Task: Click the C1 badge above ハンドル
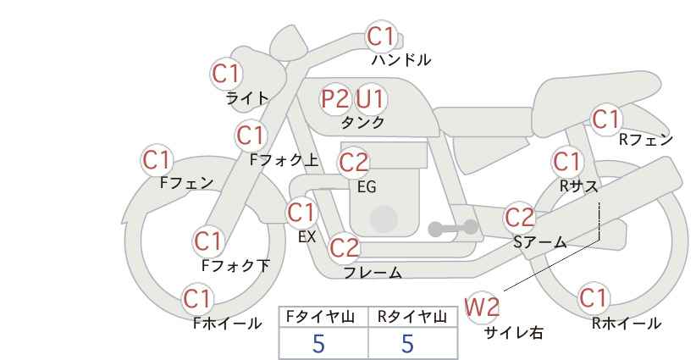(x=381, y=36)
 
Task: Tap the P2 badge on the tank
(x=335, y=99)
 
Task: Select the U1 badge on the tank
(x=371, y=99)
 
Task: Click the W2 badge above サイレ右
(x=482, y=307)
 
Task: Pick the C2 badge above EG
(x=354, y=163)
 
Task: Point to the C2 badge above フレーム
(x=345, y=247)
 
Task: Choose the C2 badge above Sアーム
(x=520, y=218)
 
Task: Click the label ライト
(x=248, y=98)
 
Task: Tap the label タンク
(x=362, y=122)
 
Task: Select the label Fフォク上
(x=284, y=160)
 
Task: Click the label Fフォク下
(x=235, y=265)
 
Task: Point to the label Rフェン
(x=646, y=140)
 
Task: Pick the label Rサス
(x=579, y=186)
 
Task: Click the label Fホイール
(x=227, y=324)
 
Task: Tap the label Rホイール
(x=627, y=324)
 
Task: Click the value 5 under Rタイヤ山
(x=407, y=343)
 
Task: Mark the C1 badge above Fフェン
(x=157, y=160)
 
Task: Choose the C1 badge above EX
(x=301, y=213)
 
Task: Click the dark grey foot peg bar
(x=453, y=228)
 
